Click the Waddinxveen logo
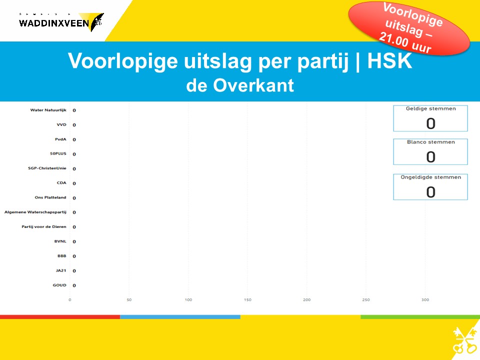coord(61,22)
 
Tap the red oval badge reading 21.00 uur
coord(409,28)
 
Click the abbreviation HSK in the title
coord(389,60)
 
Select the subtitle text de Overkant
coord(240,85)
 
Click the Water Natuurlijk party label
coord(48,110)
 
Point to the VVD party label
coord(61,124)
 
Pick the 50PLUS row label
coord(58,153)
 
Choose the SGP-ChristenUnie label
coord(47,168)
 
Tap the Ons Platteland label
coord(50,197)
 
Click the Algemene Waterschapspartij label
coord(35,212)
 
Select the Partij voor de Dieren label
coord(44,226)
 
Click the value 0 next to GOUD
coord(74,285)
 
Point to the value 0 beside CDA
coord(74,183)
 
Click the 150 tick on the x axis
coord(247,299)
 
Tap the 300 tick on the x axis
coord(425,299)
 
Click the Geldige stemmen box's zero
coord(430,123)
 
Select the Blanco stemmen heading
coord(430,142)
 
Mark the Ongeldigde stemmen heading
coord(430,177)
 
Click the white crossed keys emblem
coord(464,340)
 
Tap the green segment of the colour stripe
coord(420,317)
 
